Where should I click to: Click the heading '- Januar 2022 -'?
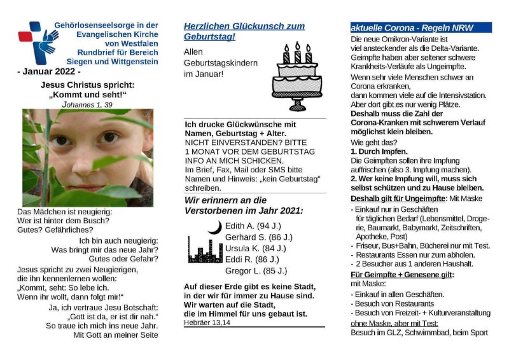49,72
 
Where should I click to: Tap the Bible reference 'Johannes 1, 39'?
87,104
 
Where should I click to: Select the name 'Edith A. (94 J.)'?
253,226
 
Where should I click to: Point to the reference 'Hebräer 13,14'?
207,322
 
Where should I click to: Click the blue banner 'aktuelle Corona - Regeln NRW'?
421,28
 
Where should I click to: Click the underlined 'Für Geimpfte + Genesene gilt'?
402,274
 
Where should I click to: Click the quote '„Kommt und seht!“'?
88,95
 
